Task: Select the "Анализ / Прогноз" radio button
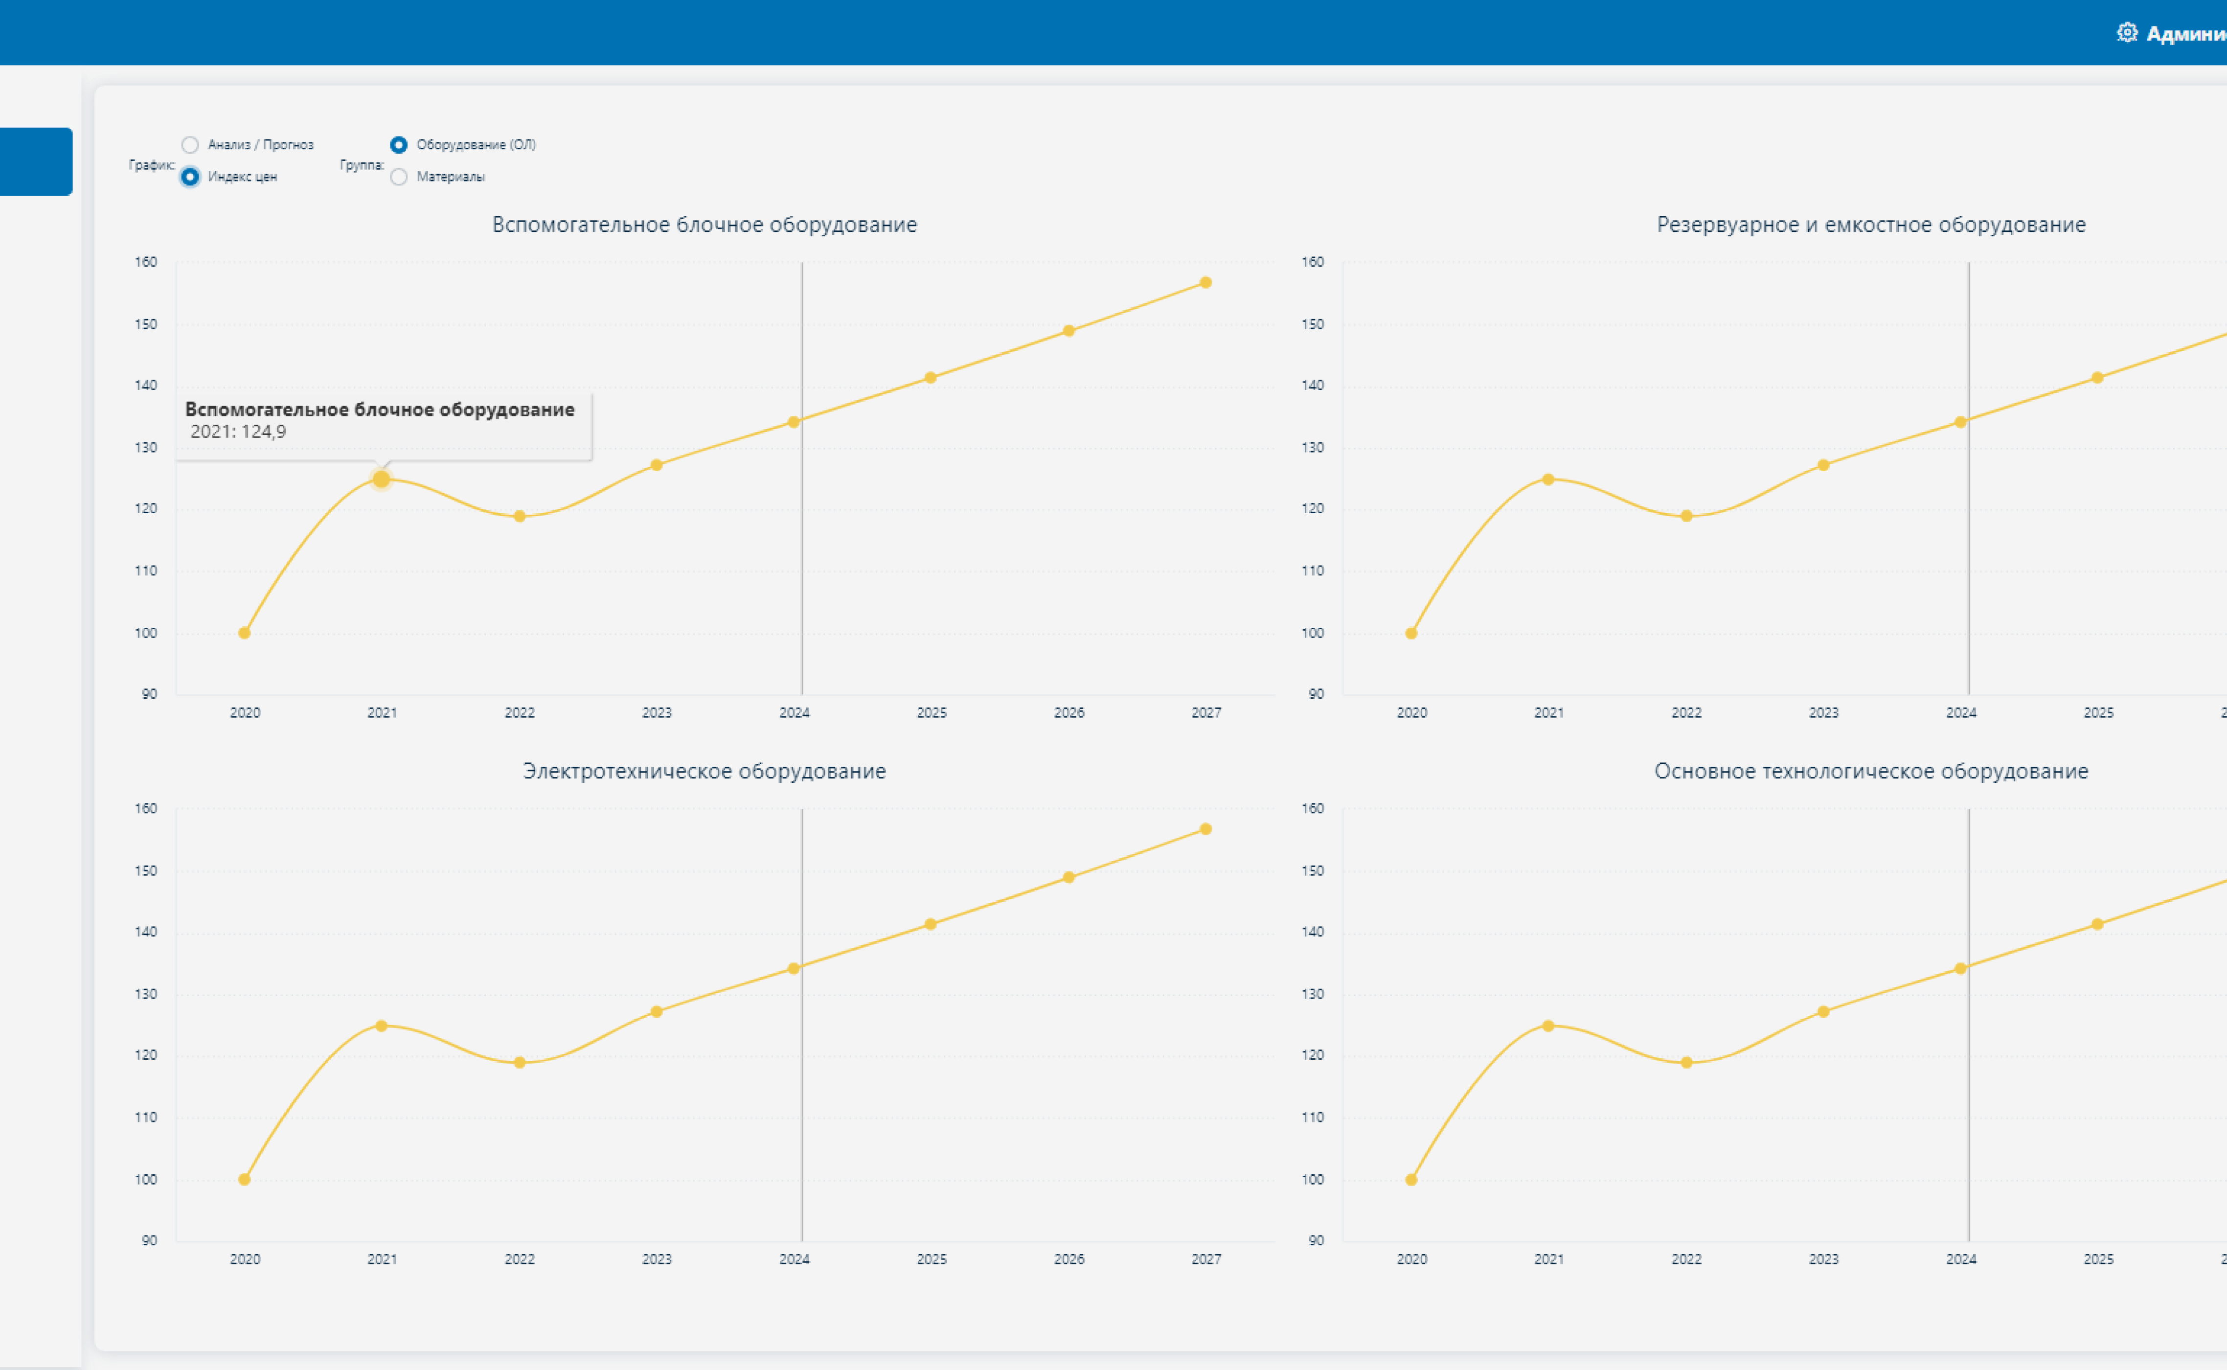coord(189,145)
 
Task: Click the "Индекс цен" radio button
coord(189,177)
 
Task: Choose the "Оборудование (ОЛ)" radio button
coord(399,145)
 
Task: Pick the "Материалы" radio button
coord(399,177)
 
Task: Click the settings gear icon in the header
coord(2126,33)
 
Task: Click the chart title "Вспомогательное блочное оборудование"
coord(704,225)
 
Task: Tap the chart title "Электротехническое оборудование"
coord(704,771)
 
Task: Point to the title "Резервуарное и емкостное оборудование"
coord(1871,225)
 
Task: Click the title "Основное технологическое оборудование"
coord(1871,771)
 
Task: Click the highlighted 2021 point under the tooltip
coord(382,479)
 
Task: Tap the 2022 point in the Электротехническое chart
coord(519,1063)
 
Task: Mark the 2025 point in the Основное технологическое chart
coord(2097,924)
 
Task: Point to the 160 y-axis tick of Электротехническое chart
coord(146,808)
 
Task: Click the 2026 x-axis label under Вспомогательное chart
coord(1069,713)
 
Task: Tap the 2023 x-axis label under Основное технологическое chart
coord(1824,1259)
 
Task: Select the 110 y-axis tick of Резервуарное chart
coord(1313,571)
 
